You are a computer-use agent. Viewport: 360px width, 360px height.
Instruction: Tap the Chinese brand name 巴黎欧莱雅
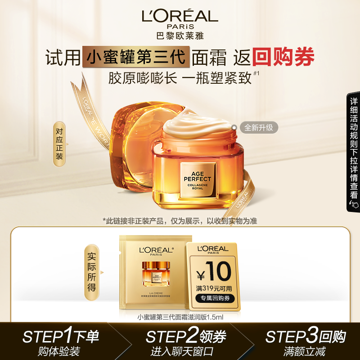(x=180, y=36)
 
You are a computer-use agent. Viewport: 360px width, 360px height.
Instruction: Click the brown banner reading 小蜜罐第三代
(x=136, y=58)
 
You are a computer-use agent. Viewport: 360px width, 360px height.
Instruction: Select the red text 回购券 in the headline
(x=283, y=57)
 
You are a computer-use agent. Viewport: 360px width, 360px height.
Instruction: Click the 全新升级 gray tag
(x=258, y=127)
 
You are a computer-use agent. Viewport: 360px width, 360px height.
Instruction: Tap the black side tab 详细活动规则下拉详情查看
(x=354, y=153)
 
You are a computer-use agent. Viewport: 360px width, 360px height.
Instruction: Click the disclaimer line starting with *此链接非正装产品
(x=180, y=220)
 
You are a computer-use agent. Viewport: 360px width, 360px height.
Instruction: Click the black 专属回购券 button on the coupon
(x=215, y=298)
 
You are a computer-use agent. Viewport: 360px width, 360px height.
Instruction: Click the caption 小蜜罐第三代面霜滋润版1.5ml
(x=180, y=316)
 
